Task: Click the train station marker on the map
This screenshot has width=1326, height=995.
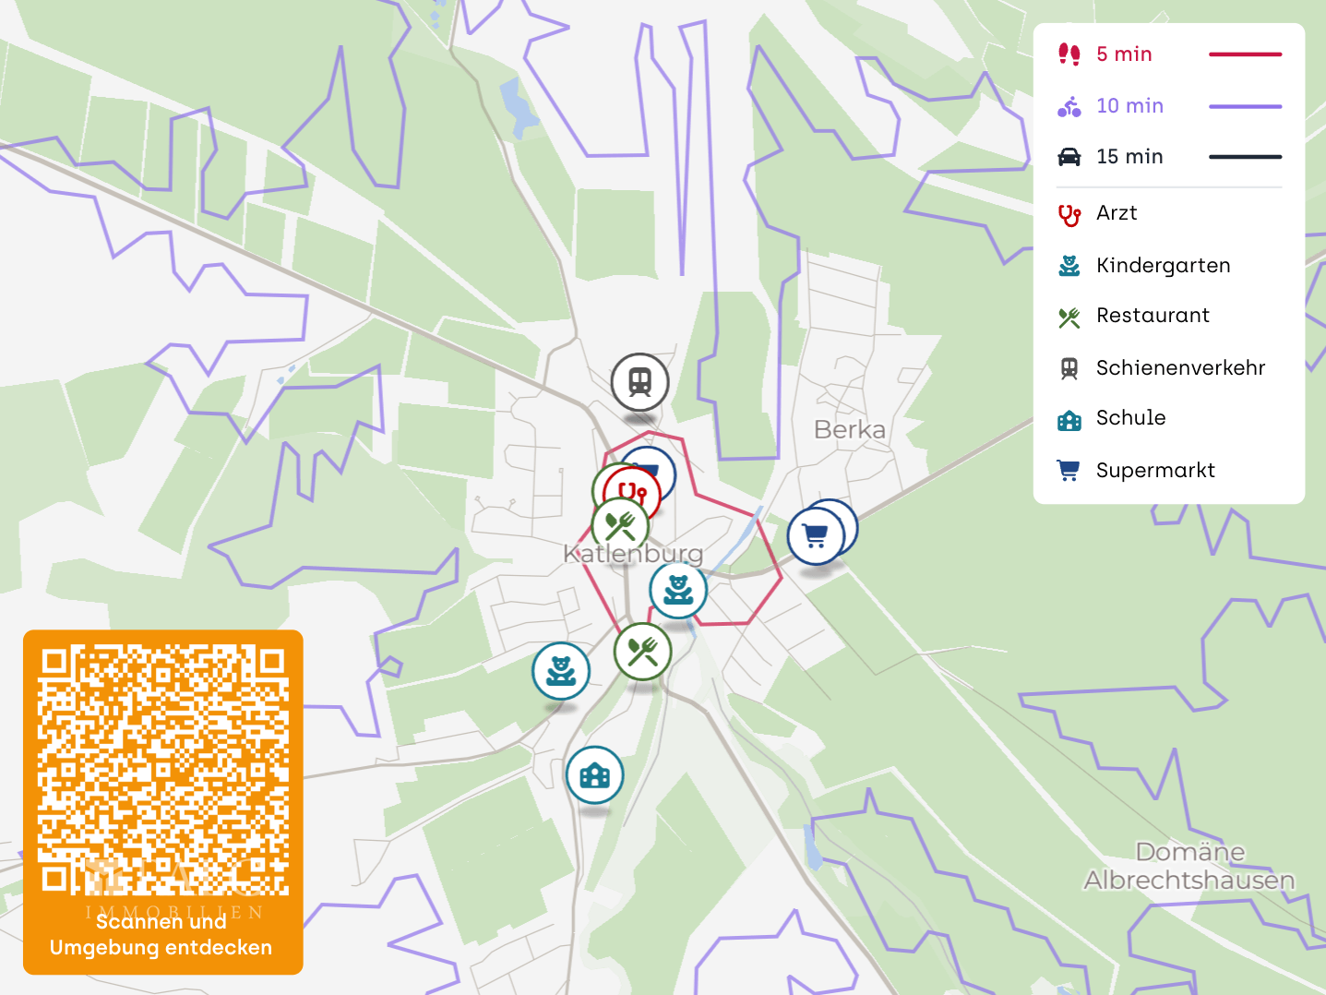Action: click(639, 382)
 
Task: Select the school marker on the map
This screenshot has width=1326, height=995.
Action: click(594, 775)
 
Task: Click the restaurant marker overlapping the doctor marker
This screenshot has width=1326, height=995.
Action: click(620, 526)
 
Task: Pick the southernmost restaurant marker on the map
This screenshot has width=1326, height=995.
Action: click(642, 652)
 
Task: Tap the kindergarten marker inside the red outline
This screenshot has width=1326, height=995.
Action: click(678, 590)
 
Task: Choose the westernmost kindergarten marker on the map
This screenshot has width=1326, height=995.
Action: click(561, 671)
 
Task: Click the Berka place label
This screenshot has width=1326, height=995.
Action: click(849, 429)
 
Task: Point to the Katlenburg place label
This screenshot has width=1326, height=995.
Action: click(633, 554)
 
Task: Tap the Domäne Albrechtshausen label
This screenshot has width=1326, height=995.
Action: click(1189, 866)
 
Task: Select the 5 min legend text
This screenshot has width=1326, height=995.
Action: click(1124, 54)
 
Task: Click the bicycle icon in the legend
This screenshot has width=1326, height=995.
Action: click(1069, 106)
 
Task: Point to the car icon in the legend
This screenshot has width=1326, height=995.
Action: click(1069, 157)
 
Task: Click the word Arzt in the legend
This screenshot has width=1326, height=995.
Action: click(1117, 213)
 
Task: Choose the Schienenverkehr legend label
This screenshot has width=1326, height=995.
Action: click(1180, 368)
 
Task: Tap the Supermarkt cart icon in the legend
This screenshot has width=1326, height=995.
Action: click(1069, 471)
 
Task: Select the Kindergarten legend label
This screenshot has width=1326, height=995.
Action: click(1163, 266)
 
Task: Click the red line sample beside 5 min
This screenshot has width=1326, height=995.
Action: click(1245, 54)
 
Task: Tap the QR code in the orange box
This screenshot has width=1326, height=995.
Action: click(163, 770)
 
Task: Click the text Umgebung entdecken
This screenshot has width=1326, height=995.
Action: click(161, 948)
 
